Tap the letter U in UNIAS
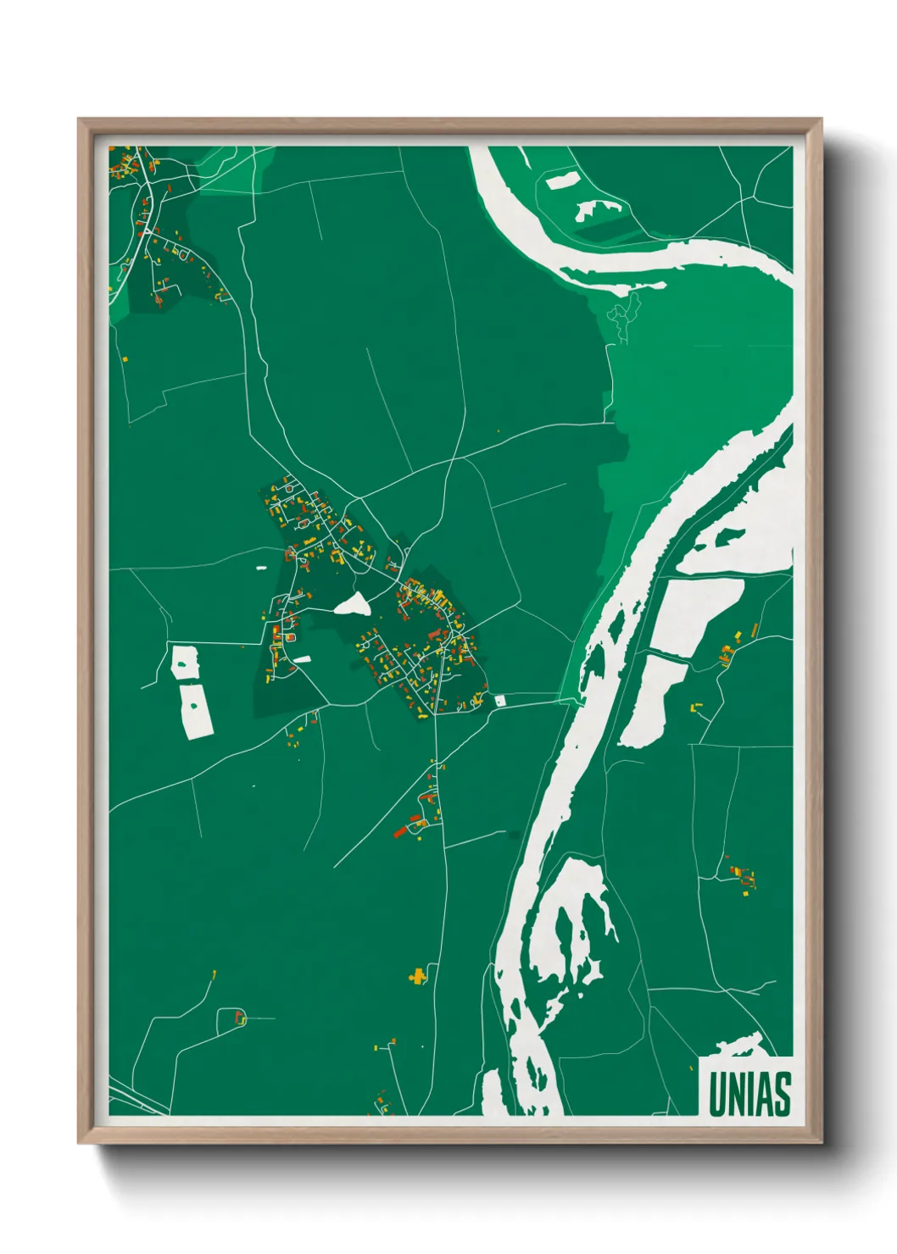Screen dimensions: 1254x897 (x=717, y=1094)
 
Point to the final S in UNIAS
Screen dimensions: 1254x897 (x=782, y=1094)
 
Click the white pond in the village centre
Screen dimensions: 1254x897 (x=353, y=604)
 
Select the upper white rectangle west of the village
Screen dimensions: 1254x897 (x=185, y=662)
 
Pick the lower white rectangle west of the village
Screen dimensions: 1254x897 (x=196, y=710)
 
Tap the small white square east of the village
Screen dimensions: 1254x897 (x=499, y=700)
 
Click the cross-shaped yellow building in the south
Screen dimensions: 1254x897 (x=417, y=976)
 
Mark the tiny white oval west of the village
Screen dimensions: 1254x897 (x=260, y=568)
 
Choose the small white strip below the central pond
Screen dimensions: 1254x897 (x=302, y=658)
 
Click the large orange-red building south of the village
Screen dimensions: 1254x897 (x=401, y=832)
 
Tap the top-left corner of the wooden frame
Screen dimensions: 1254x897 (x=80, y=120)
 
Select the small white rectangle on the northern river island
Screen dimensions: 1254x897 (x=560, y=180)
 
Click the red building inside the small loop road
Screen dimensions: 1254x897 (x=238, y=1015)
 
